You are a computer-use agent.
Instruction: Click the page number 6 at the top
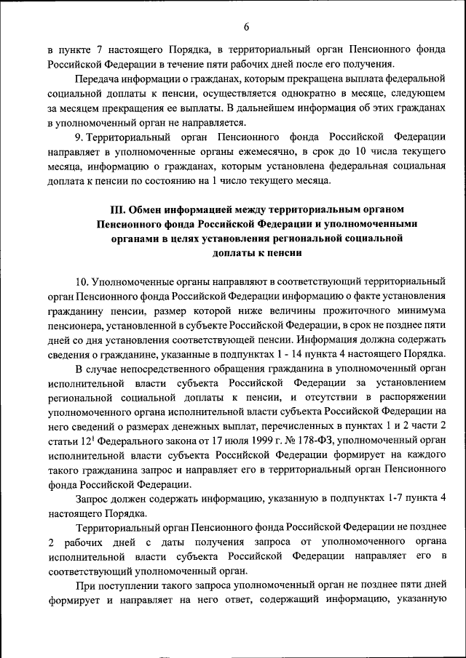click(x=246, y=27)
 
